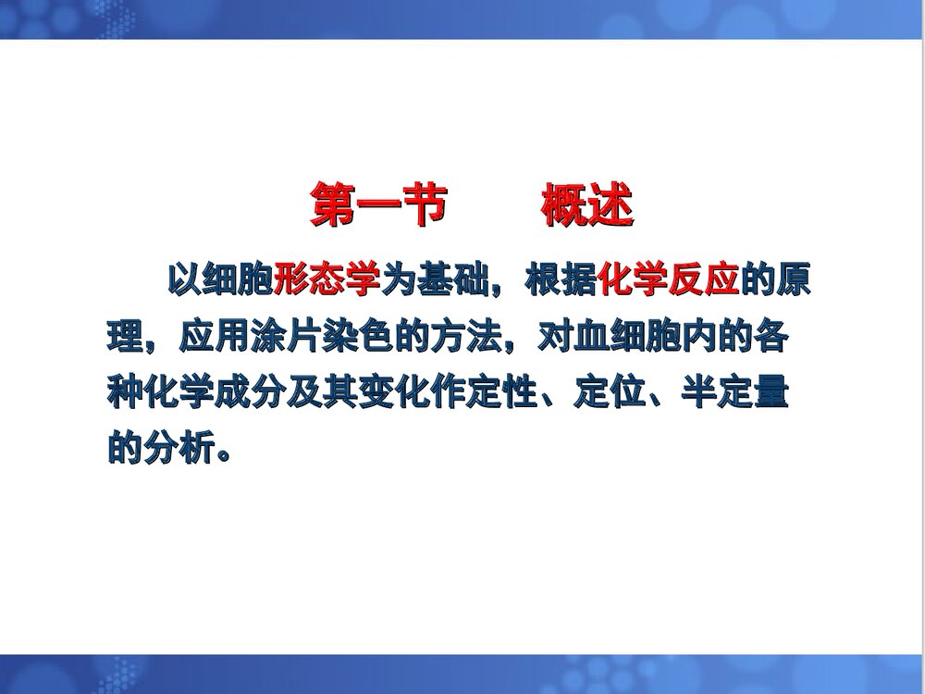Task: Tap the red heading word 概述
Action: click(586, 205)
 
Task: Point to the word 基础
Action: click(434, 280)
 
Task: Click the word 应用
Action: click(201, 338)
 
